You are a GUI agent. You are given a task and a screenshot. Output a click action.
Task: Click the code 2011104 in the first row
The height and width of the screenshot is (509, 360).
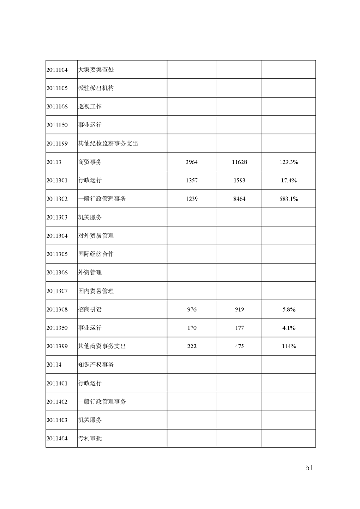57,70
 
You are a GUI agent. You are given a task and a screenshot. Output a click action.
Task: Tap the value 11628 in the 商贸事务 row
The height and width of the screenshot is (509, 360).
239,162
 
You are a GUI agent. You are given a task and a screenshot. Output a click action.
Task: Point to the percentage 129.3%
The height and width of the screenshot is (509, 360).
289,162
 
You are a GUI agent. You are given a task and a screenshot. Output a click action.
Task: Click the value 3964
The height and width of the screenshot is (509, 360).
192,162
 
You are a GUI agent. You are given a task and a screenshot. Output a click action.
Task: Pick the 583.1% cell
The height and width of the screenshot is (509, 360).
289,199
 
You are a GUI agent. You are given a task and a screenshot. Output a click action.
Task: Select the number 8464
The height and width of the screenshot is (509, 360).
239,199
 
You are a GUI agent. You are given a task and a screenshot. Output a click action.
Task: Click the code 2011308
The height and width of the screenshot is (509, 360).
57,309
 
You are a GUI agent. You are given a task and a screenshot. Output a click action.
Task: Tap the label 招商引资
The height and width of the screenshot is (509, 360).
90,309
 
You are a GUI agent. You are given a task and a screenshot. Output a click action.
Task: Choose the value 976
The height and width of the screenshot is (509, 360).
192,309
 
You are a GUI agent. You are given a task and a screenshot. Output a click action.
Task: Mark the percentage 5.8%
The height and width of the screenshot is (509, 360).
289,309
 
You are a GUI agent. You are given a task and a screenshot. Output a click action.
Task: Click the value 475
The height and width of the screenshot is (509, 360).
239,346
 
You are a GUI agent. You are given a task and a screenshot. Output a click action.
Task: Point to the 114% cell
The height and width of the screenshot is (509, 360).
289,346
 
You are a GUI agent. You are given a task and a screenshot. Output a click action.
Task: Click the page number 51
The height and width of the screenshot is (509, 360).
310,468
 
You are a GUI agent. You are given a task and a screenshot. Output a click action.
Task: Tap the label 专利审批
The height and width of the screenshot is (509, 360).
90,439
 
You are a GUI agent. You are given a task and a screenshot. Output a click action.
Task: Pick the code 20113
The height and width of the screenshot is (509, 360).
54,162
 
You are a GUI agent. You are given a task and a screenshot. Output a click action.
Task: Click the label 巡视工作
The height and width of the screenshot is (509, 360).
90,107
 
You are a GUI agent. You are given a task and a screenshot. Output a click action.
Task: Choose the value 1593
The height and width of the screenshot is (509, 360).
239,181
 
